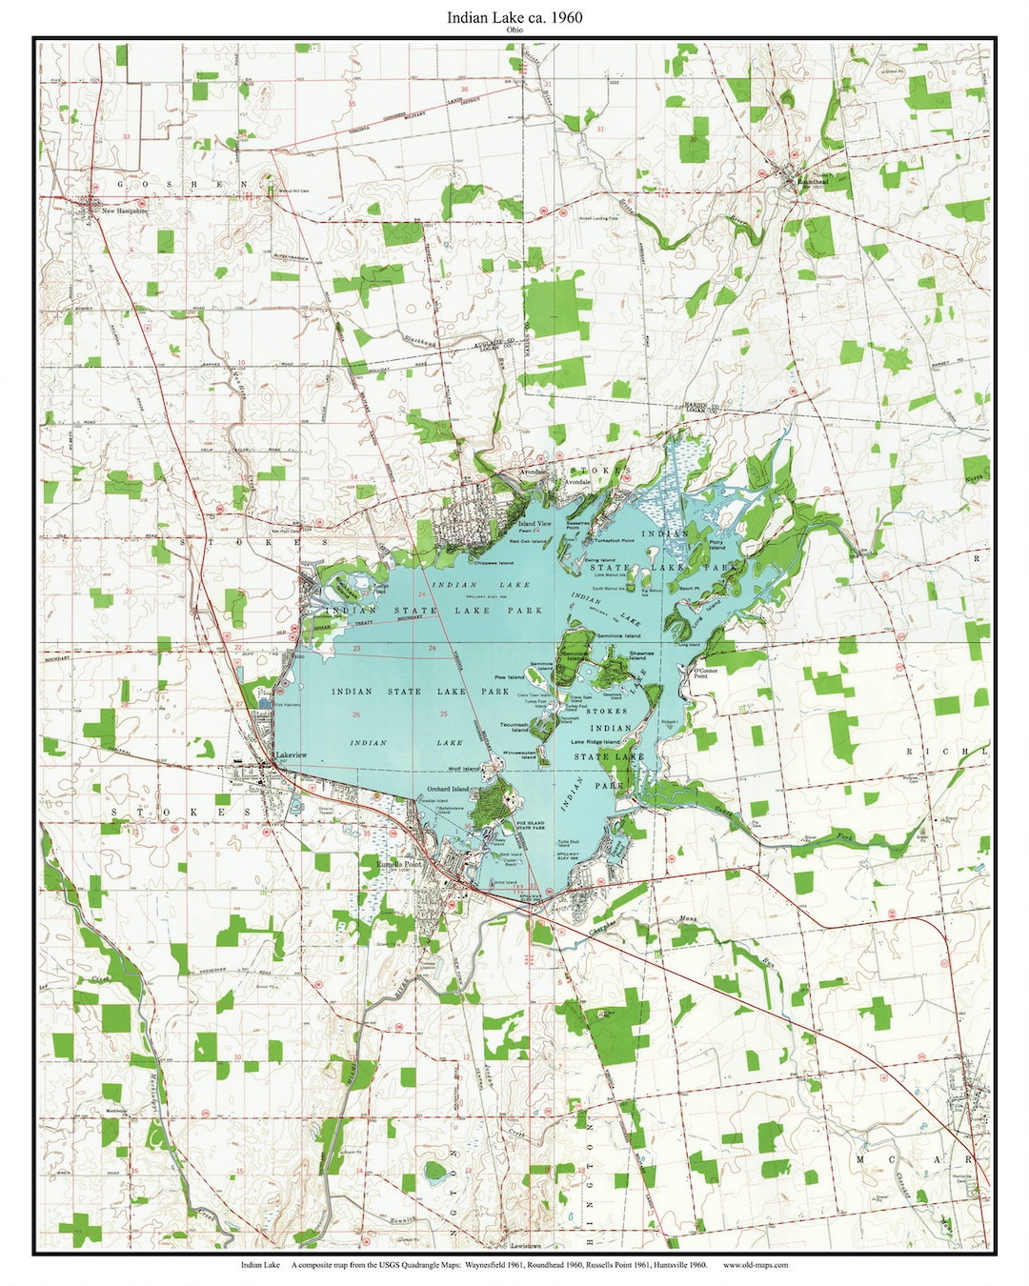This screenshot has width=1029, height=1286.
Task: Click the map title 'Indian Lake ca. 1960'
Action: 514,17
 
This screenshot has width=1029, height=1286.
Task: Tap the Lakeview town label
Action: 291,755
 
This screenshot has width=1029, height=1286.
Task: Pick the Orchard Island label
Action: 448,790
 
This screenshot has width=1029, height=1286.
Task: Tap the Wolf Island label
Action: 464,769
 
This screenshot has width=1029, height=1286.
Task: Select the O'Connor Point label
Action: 706,673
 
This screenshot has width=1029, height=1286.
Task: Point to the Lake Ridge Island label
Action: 595,741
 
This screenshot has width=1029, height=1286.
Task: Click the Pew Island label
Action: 509,677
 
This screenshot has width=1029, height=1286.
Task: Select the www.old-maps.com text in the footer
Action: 756,1265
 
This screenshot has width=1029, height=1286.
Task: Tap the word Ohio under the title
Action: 514,30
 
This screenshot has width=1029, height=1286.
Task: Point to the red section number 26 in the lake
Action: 355,713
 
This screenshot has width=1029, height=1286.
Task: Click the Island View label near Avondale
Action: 535,524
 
